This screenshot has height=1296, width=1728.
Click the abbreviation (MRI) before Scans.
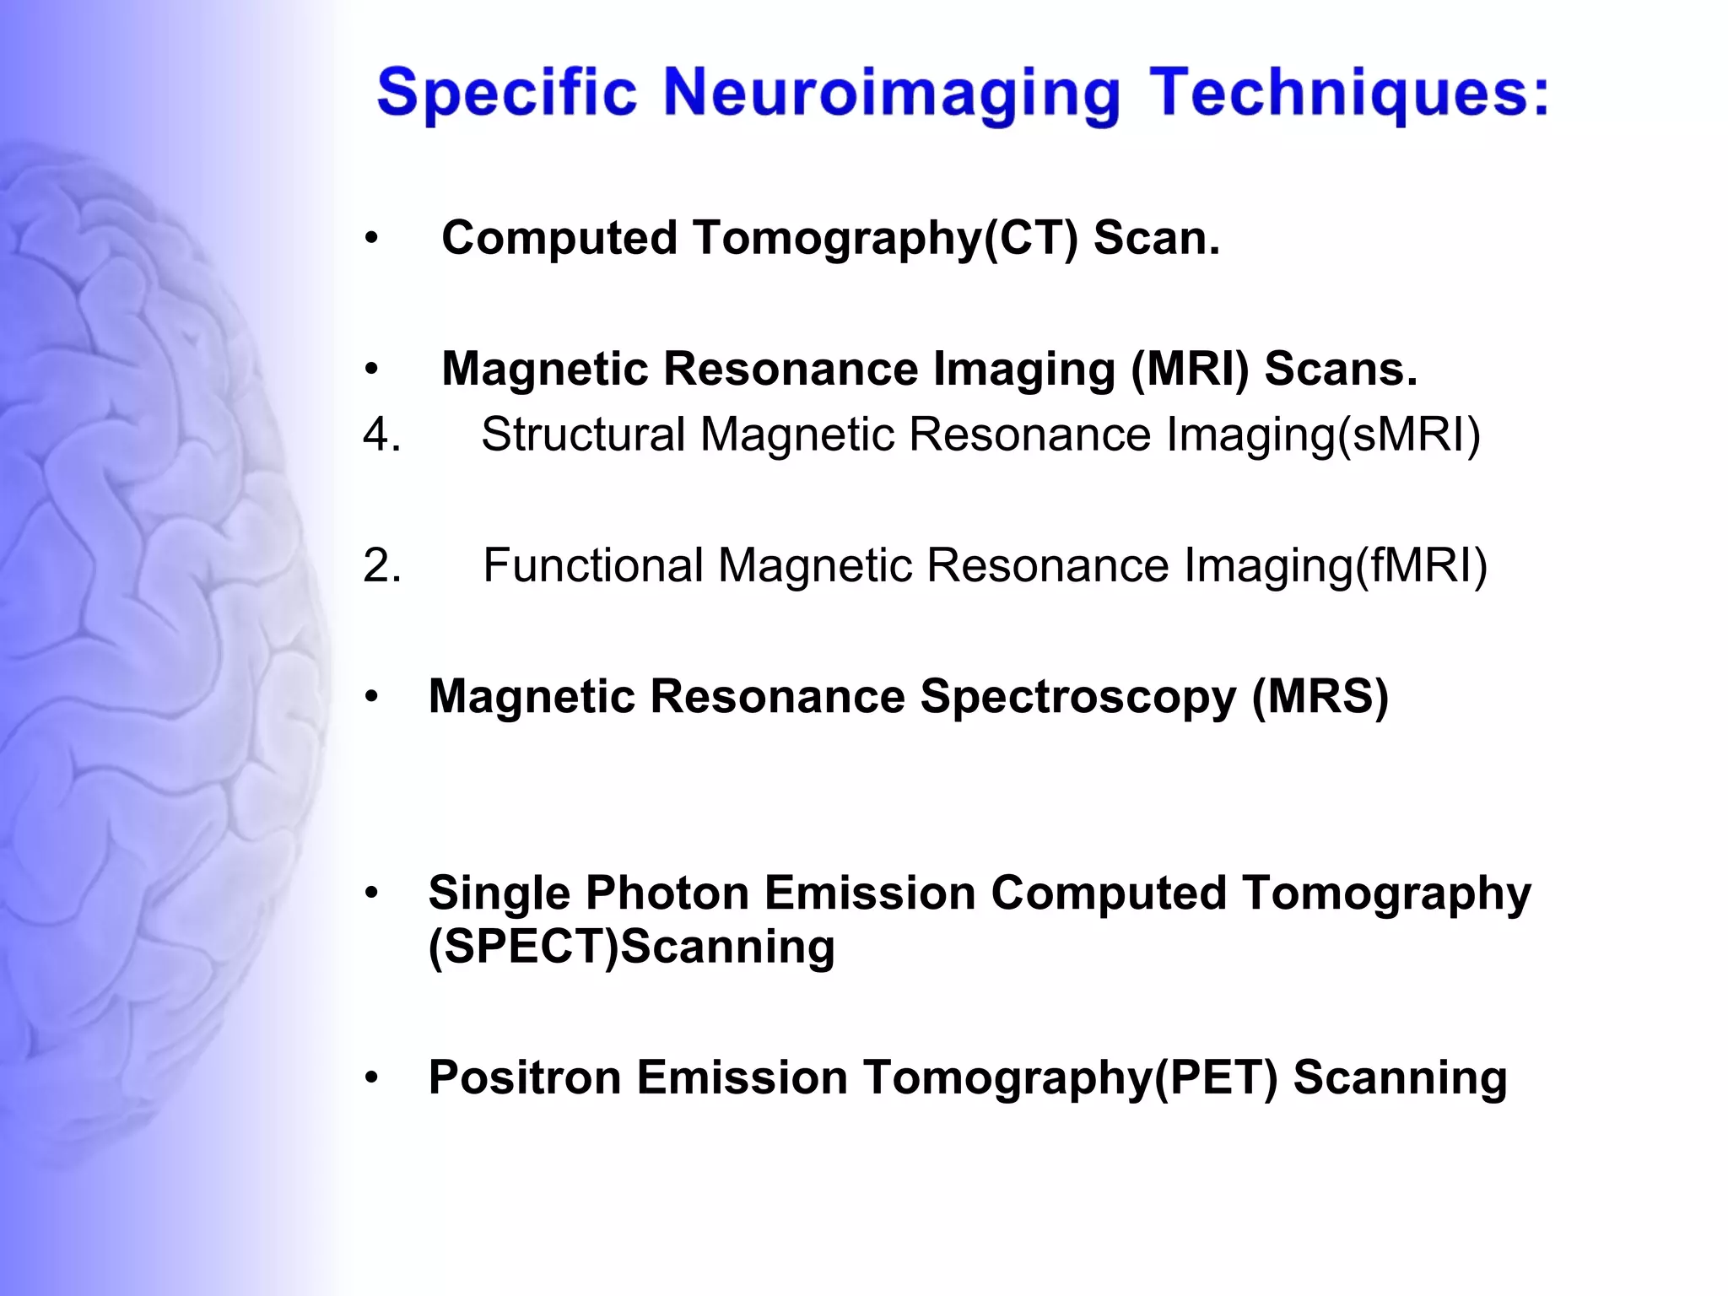pos(1190,370)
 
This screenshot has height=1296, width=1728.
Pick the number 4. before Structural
pos(382,435)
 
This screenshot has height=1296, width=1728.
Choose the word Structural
pos(583,435)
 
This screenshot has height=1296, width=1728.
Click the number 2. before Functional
pos(382,566)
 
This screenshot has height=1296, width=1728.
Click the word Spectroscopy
pos(1077,697)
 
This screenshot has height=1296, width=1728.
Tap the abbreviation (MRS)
pos(1320,697)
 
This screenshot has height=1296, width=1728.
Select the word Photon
pos(667,893)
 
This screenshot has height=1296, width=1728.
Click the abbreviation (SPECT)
pos(523,947)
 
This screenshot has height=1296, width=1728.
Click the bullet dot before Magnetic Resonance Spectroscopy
pos(372,698)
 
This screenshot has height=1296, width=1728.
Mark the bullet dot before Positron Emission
pos(372,1079)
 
